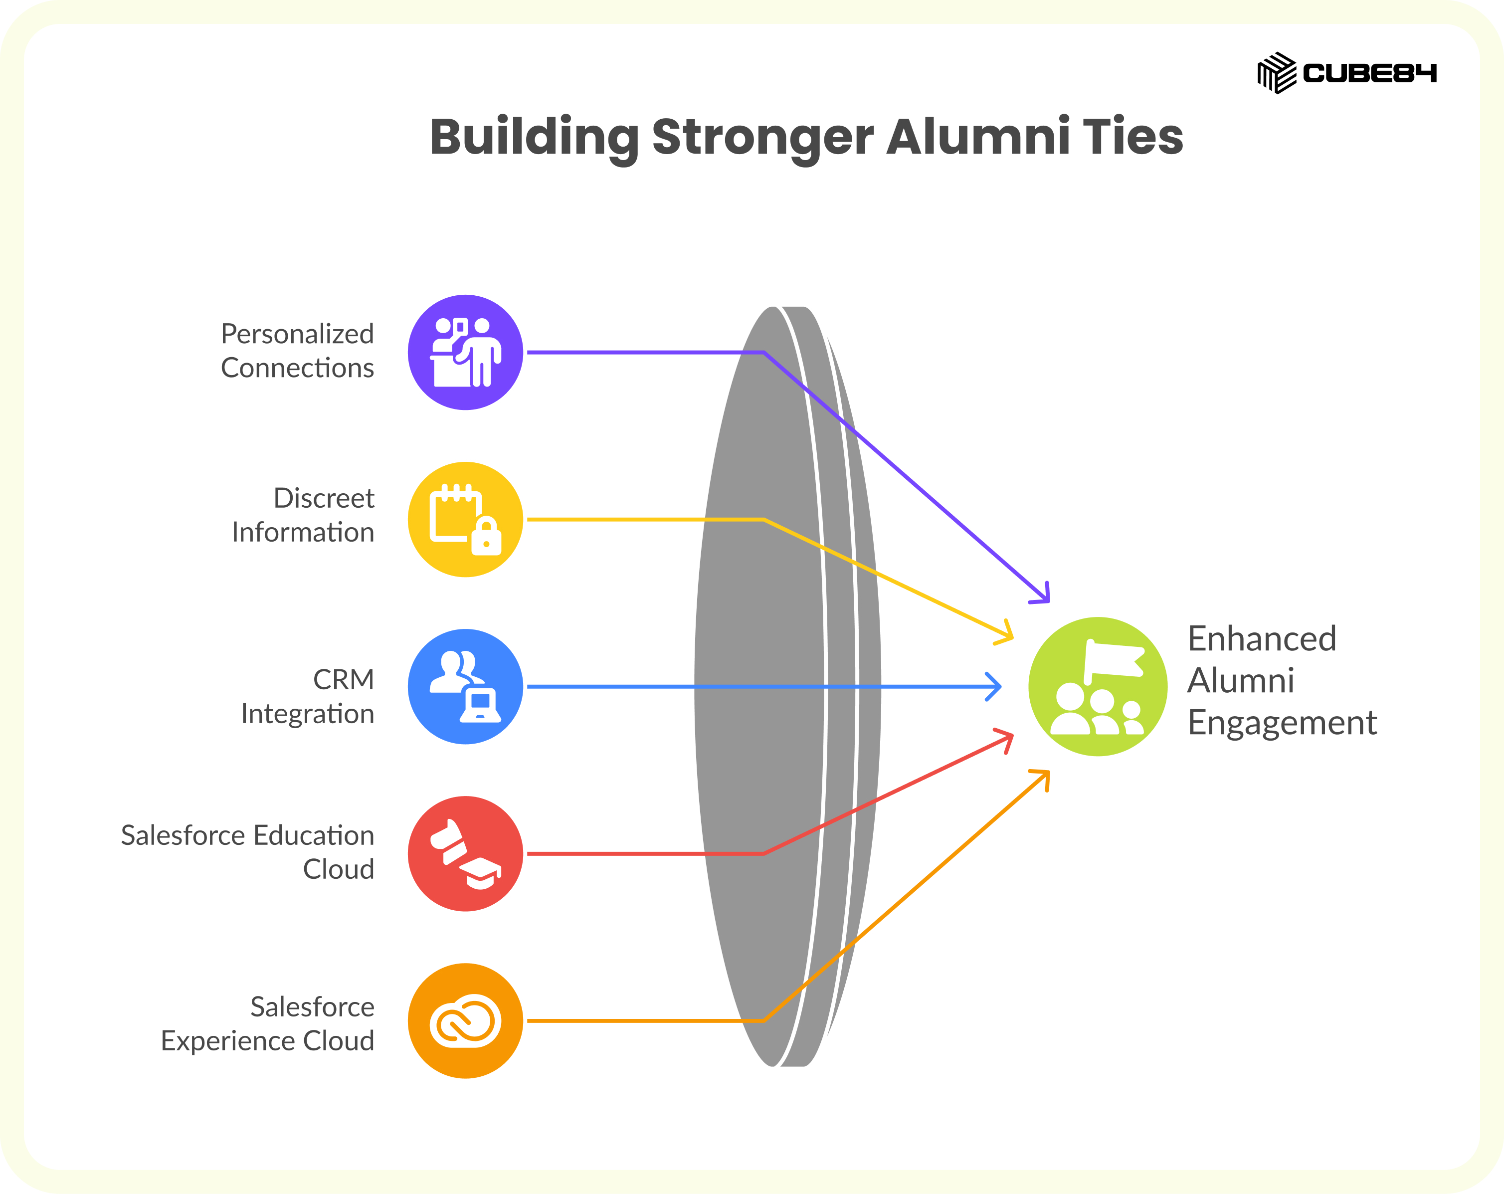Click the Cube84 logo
click(1346, 73)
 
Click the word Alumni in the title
click(978, 136)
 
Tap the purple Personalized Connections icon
click(465, 353)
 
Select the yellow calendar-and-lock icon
click(465, 519)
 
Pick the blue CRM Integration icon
click(465, 687)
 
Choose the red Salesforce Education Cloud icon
click(465, 853)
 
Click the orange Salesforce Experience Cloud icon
click(465, 1021)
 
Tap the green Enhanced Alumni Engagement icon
click(1098, 687)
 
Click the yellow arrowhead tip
click(1013, 636)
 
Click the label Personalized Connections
click(297, 351)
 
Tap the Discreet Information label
click(303, 515)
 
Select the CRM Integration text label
click(308, 696)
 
